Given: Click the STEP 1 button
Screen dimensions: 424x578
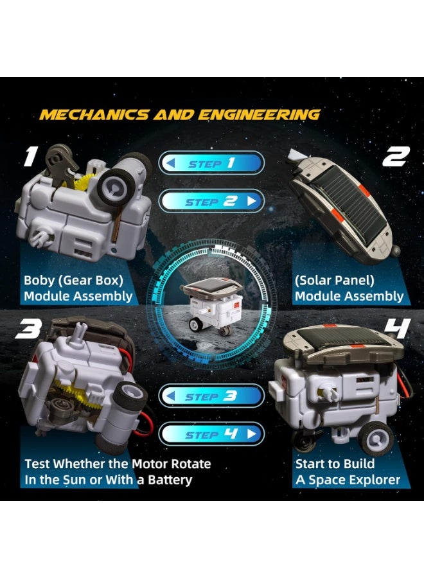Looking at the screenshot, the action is coord(211,162).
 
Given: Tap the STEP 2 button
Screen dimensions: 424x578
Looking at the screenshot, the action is coord(211,201).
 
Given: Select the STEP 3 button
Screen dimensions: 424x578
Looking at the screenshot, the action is coord(211,396).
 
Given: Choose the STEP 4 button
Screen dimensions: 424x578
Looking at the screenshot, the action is coord(211,434).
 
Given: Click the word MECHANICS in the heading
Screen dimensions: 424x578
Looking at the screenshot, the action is coord(94,115).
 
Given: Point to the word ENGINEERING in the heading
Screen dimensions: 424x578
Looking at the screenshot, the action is coord(259,115).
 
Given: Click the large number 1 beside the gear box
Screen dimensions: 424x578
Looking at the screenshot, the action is coord(31,157).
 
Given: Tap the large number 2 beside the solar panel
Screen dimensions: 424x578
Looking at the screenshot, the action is coord(396,156).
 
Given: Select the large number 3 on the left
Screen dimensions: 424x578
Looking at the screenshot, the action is coord(28,329).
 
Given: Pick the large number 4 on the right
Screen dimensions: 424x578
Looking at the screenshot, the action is coord(398,328).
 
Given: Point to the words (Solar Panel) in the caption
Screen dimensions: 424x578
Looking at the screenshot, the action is coord(335,281).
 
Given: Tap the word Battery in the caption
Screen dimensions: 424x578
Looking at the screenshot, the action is coord(170,480).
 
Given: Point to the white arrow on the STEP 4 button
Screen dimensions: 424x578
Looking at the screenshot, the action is coord(252,434).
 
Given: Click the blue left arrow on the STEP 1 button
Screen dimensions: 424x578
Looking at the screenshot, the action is coord(171,162).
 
